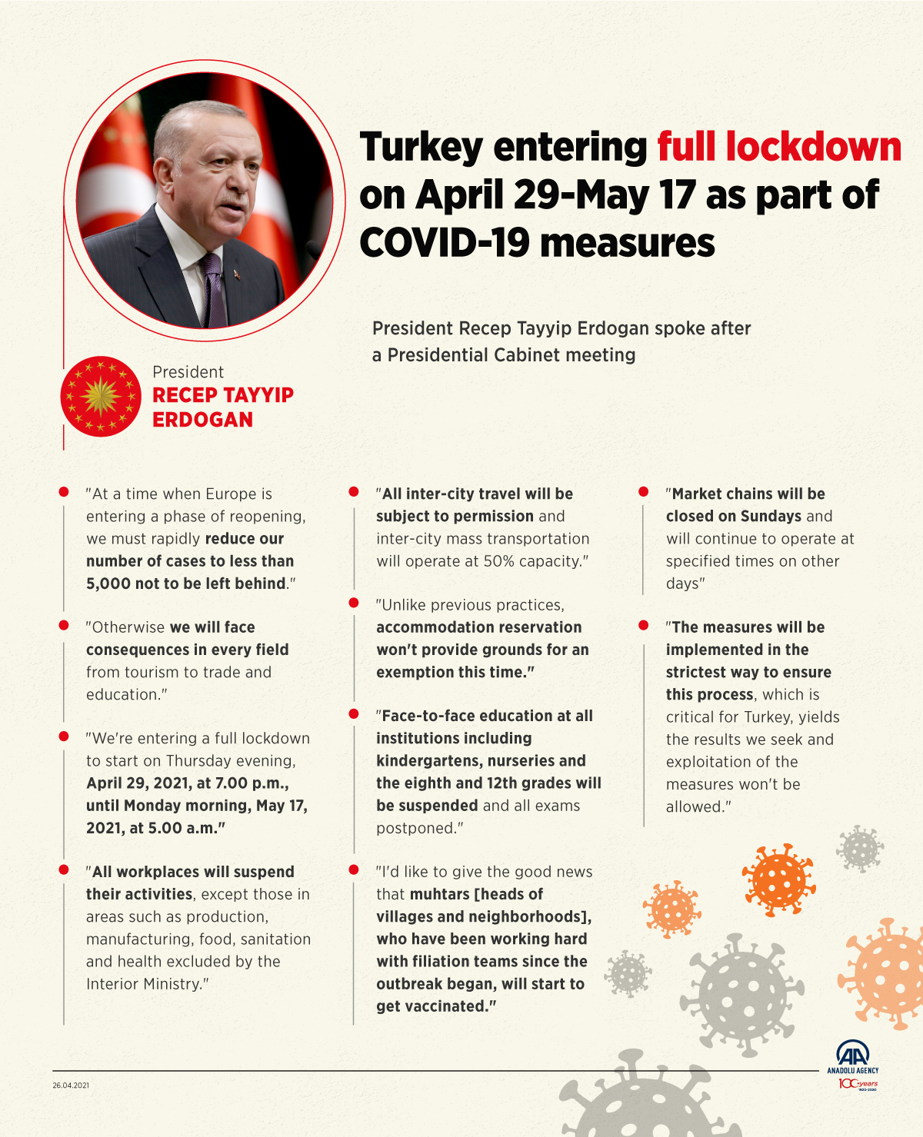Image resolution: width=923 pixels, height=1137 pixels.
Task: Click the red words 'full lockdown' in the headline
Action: (x=778, y=147)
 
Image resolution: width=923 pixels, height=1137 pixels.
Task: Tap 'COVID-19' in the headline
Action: (x=444, y=243)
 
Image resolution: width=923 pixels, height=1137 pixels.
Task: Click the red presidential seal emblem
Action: (x=100, y=396)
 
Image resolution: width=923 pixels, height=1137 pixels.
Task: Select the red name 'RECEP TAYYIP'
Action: (x=223, y=395)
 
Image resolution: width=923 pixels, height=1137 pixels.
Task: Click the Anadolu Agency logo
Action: (x=852, y=1056)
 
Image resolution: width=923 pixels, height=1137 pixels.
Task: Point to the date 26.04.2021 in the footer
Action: (x=71, y=1085)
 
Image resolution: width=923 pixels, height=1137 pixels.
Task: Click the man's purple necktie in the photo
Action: (x=214, y=292)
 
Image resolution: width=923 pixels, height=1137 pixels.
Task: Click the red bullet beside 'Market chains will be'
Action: (x=644, y=491)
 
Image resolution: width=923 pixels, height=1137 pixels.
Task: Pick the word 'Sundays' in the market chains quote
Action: (x=771, y=516)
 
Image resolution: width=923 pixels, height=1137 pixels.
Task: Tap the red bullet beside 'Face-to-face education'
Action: (x=354, y=714)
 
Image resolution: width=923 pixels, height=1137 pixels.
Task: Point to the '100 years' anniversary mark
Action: (x=858, y=1084)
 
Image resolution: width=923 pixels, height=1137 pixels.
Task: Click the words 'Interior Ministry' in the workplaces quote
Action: (x=143, y=984)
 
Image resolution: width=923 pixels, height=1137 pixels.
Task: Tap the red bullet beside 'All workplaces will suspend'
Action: (x=64, y=869)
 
